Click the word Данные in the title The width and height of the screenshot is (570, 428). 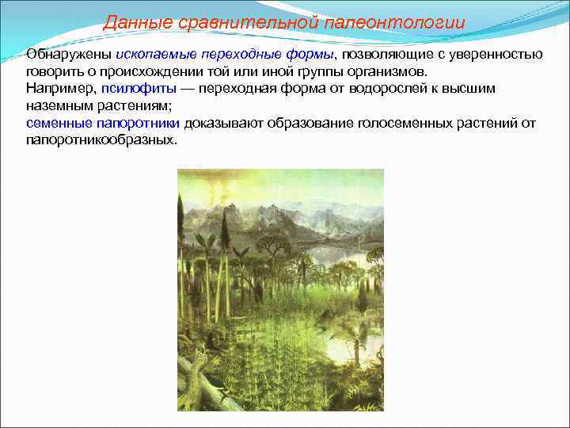tap(129, 22)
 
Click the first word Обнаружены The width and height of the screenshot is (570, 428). tap(69, 54)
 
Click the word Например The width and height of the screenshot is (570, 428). tap(60, 89)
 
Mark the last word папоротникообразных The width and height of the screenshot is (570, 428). tap(101, 140)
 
